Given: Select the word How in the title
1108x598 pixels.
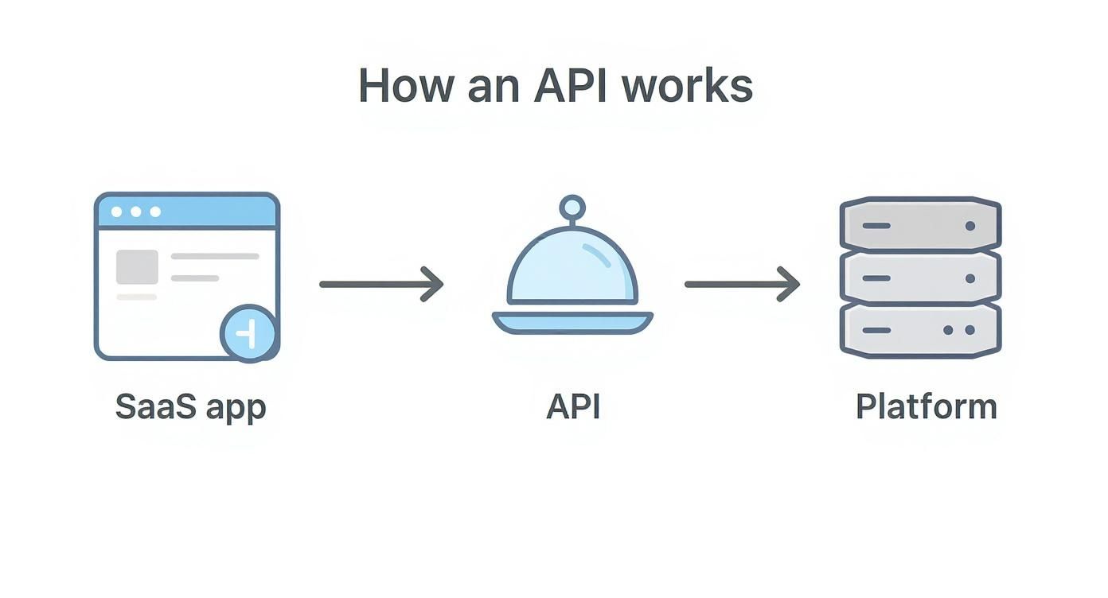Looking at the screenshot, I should tap(408, 86).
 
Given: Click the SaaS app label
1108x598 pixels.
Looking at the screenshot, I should tap(190, 406).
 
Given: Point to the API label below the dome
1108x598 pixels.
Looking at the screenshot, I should tap(573, 406).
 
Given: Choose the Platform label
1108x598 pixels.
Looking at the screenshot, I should tap(926, 406).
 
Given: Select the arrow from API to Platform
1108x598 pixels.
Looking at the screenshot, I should tap(742, 284).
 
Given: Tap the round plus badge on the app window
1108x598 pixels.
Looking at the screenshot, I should tap(249, 334).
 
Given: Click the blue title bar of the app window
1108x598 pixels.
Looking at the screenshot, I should tap(187, 212).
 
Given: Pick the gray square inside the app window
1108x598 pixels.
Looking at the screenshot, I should tap(137, 267).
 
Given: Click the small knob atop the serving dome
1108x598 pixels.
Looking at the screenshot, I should tap(572, 208).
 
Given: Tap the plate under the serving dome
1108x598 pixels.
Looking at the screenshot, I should tap(572, 322).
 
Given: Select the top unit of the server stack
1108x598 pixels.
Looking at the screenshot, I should tap(920, 225).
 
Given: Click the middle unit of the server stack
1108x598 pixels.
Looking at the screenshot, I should tap(920, 278).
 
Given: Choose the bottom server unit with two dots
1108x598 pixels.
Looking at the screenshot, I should tap(920, 330).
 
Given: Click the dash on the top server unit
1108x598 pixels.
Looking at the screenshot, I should tap(876, 226).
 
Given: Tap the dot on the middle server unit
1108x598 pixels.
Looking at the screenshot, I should tap(970, 278).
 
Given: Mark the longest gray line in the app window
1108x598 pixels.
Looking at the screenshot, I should tap(215, 256).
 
